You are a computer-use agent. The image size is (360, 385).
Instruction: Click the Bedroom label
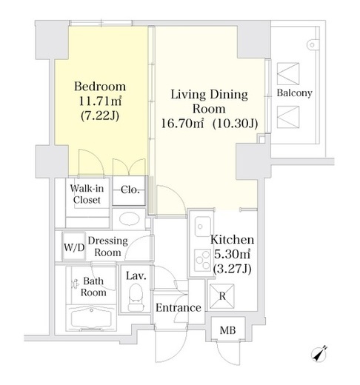click(100, 87)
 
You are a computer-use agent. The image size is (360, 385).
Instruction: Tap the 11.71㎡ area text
click(100, 101)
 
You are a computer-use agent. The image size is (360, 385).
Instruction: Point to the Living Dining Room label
click(209, 101)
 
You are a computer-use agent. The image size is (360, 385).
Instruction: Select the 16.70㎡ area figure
click(182, 124)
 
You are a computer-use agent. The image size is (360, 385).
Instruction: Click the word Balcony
click(294, 93)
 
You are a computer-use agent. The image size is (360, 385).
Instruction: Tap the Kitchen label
click(232, 240)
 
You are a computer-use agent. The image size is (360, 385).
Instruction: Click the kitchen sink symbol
click(202, 227)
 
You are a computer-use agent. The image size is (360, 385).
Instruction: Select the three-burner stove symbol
click(202, 260)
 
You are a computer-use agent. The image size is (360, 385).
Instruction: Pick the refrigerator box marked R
click(222, 296)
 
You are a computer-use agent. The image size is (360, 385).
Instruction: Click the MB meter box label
click(227, 330)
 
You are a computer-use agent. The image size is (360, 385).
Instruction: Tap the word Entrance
click(179, 308)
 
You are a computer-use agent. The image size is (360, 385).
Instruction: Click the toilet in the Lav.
click(136, 297)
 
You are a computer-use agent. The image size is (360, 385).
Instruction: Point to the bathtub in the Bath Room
click(91, 318)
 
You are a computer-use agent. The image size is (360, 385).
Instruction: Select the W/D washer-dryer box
click(74, 247)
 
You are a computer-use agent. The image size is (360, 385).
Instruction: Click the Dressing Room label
click(108, 247)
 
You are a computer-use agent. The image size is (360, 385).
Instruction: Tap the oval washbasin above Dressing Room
click(129, 218)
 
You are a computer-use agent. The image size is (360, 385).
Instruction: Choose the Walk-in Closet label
click(87, 194)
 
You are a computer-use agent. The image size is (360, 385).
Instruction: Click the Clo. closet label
click(130, 190)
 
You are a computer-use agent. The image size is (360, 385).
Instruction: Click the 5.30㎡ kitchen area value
click(232, 254)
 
